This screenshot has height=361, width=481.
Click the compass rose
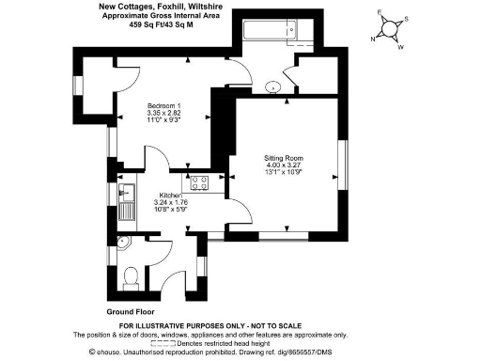(x=389, y=27)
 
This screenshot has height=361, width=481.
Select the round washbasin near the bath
(x=273, y=86)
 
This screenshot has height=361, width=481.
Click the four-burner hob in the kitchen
(x=200, y=182)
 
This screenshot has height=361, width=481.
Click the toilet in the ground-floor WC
(x=132, y=275)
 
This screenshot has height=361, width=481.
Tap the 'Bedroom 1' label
(x=166, y=103)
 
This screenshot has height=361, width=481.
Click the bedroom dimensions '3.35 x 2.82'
(x=166, y=112)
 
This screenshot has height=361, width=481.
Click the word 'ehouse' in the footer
(x=109, y=352)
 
